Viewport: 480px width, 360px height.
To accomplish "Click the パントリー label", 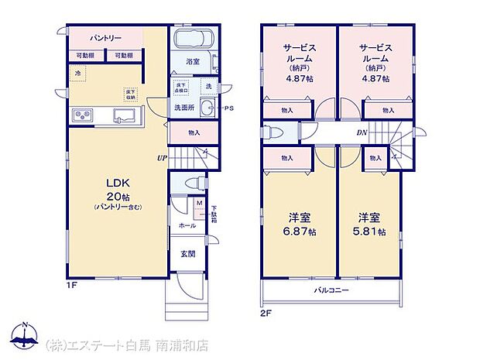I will [x=103, y=37].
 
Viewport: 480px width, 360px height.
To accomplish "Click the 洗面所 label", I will [x=183, y=108].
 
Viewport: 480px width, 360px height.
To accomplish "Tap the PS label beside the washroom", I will [x=229, y=108].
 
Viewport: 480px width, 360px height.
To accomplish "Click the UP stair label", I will [x=161, y=158].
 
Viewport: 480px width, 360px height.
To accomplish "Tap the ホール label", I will [x=187, y=225].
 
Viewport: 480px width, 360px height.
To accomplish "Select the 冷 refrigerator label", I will [x=77, y=74].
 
